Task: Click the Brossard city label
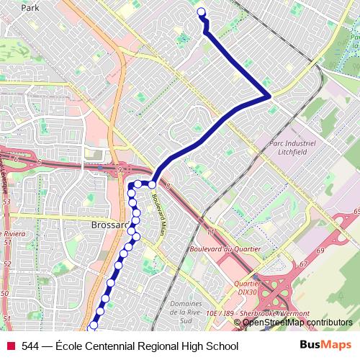109,225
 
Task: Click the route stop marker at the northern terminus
201,12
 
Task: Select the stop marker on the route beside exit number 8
152,184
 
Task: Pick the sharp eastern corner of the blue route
269,95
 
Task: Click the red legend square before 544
10,346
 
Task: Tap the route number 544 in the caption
31,346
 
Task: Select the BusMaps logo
325,346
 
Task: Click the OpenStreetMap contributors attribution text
297,323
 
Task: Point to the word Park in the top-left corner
30,8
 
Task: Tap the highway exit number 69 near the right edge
356,210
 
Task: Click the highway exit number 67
303,264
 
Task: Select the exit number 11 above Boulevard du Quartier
210,232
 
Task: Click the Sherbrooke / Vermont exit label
257,314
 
